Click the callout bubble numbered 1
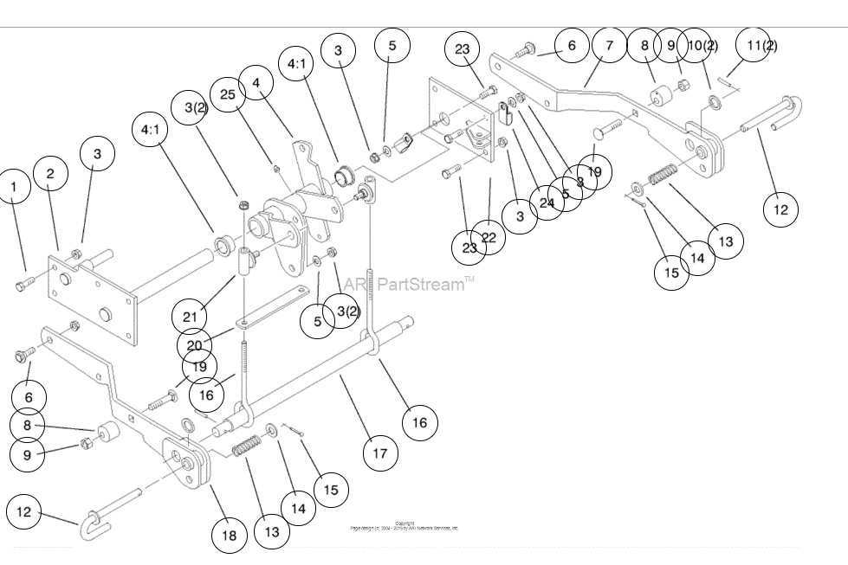[13, 186]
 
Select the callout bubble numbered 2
[50, 174]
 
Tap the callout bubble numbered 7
[610, 45]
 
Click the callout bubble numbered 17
[380, 453]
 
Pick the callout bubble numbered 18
[230, 536]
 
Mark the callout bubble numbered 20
[194, 345]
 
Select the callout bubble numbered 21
[189, 316]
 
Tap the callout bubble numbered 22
[489, 238]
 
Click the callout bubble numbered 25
[228, 93]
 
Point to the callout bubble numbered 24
[546, 203]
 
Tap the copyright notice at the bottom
[404, 525]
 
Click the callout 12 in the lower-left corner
[23, 512]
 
